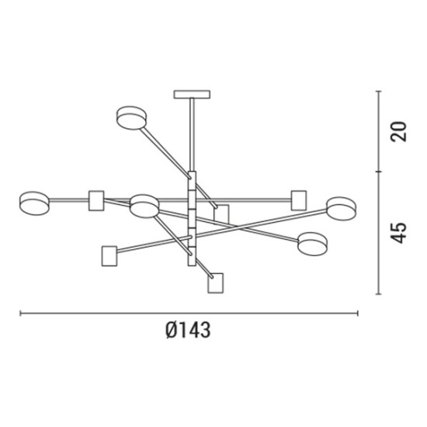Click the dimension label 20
click(398, 131)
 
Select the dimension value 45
click(398, 233)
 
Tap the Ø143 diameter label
click(188, 330)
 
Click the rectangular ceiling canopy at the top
click(192, 94)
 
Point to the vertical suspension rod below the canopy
click(192, 135)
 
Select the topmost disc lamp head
click(131, 118)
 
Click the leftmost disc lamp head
click(35, 203)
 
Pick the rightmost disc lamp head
click(342, 209)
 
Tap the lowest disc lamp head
click(312, 244)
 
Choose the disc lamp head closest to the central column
click(144, 207)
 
